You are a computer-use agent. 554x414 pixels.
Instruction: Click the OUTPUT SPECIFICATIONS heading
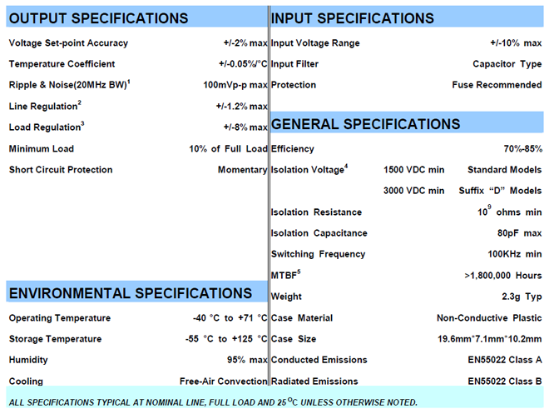99,18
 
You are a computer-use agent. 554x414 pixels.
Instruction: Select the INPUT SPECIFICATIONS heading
353,18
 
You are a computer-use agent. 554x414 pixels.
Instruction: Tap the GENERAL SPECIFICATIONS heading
366,124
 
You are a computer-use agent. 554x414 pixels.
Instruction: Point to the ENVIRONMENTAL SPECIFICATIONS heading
130,293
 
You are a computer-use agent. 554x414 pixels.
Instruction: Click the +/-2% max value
245,43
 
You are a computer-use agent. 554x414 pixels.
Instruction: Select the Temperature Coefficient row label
62,64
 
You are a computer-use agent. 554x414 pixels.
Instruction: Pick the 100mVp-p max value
235,85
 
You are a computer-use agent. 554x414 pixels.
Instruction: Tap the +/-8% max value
245,127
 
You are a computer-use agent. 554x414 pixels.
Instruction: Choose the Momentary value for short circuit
243,170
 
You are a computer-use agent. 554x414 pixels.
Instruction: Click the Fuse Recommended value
497,85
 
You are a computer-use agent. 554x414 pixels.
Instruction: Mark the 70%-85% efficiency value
522,149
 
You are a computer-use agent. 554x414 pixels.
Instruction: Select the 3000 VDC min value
413,191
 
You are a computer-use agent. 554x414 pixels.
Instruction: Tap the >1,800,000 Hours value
502,275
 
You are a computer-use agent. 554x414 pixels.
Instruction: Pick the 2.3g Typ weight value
522,297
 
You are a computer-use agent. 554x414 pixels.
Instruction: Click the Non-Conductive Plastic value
489,318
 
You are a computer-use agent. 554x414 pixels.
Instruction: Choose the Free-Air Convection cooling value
223,382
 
